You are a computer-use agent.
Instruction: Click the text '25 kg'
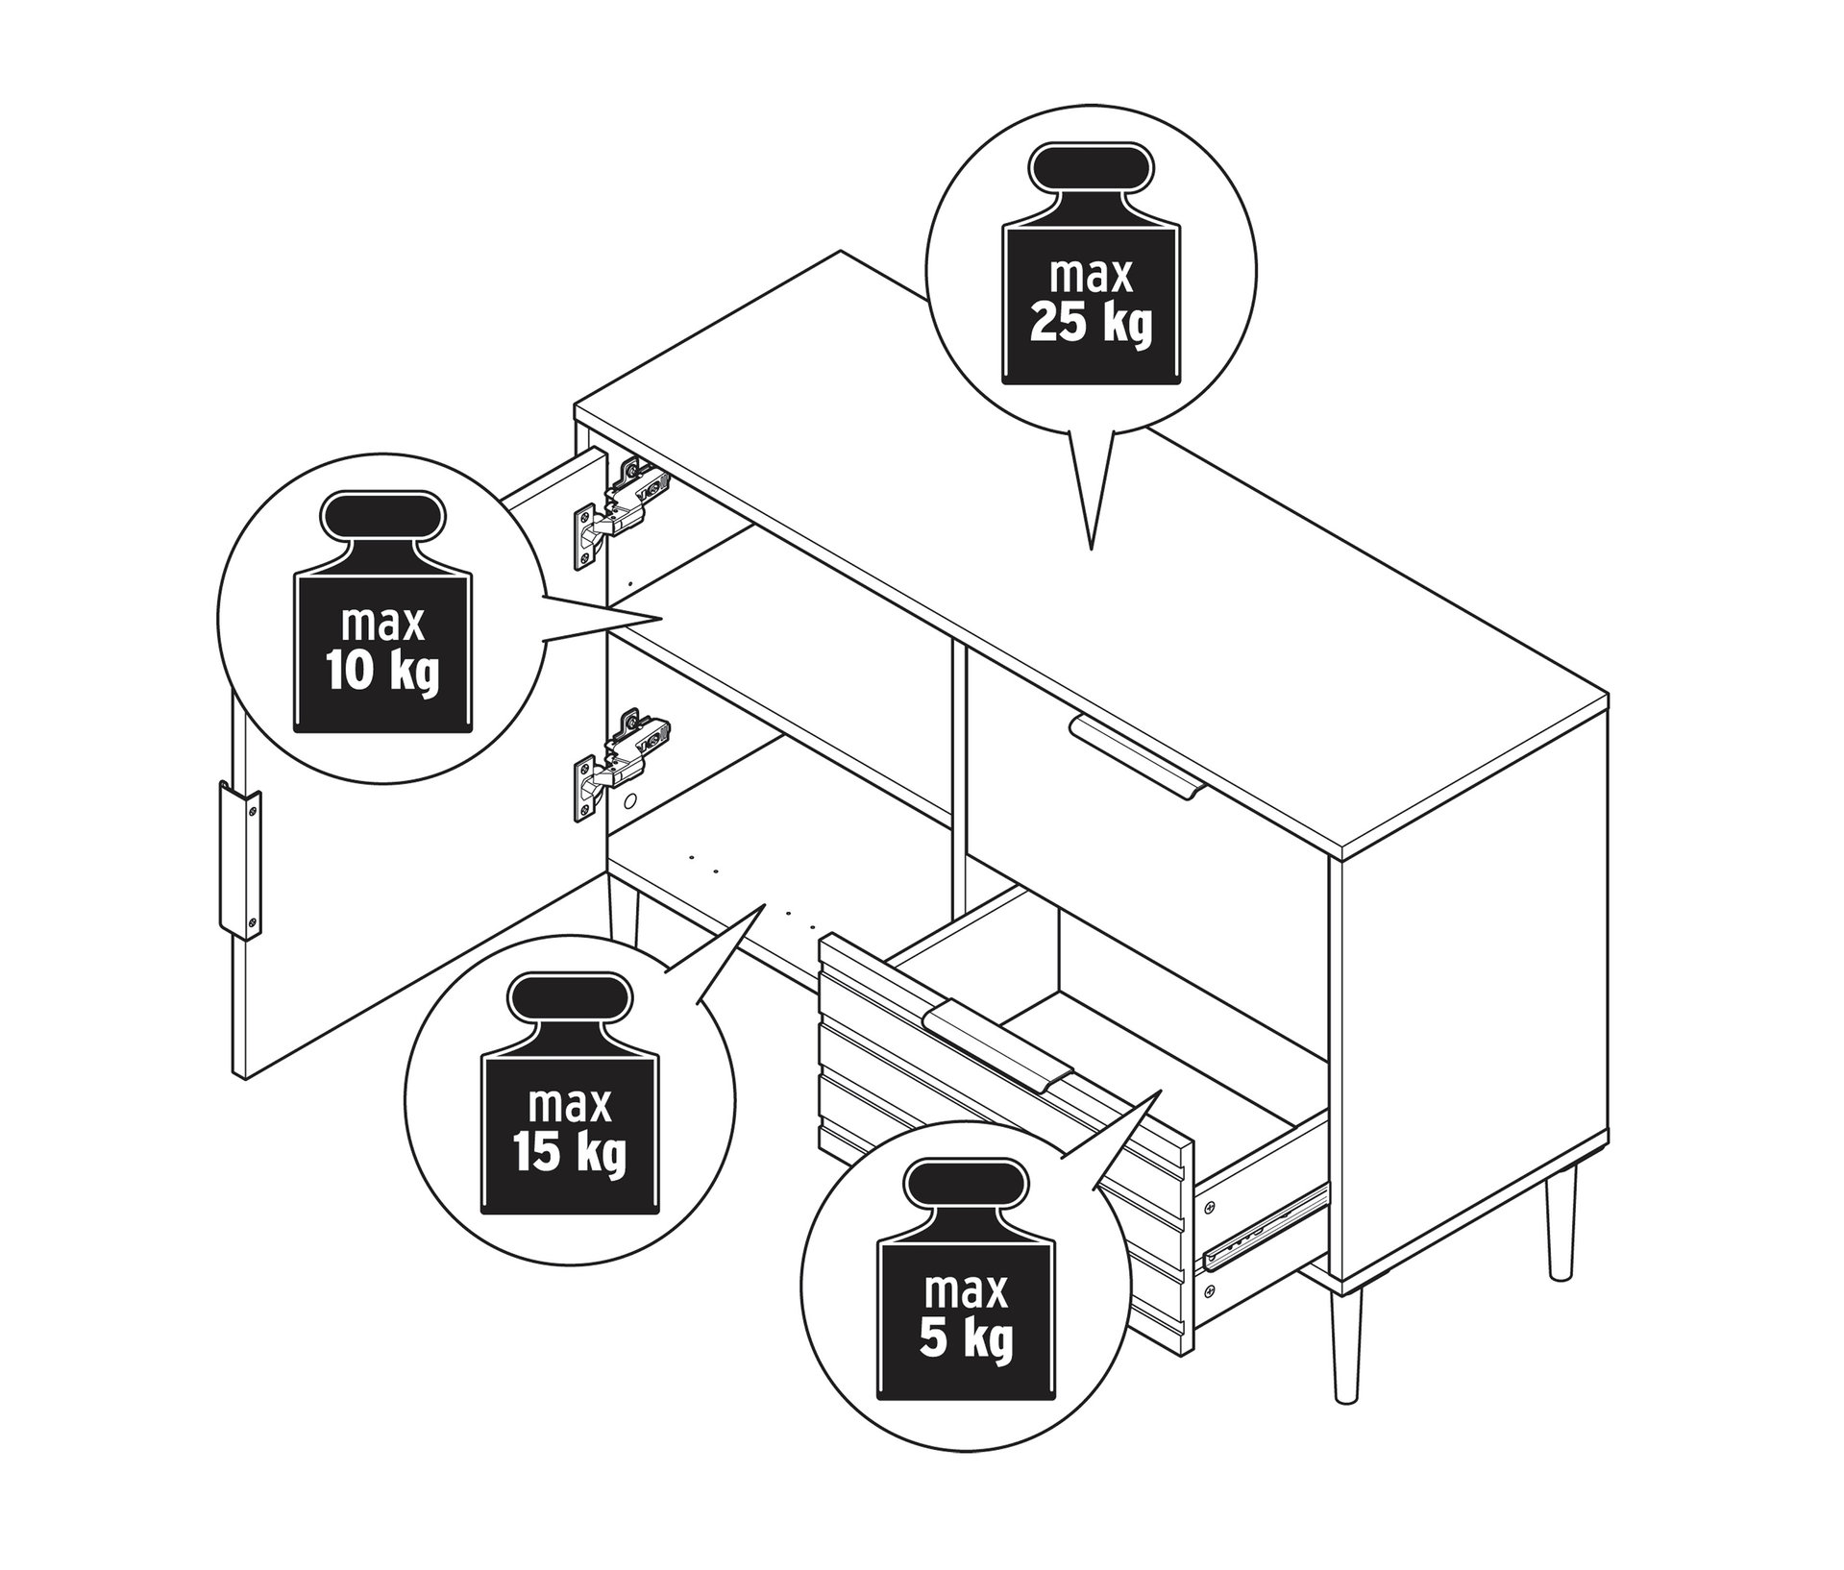(1090, 324)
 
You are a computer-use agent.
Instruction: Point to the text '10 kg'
(381, 672)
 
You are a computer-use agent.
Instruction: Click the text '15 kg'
(569, 1152)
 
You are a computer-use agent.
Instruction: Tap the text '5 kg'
(966, 1337)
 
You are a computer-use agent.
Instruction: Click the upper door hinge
(620, 508)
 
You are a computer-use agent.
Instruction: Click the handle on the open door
(239, 859)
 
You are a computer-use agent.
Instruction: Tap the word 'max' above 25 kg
(1091, 276)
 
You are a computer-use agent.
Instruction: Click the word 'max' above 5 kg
(966, 1290)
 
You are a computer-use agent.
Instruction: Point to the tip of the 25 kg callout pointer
(1091, 550)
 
